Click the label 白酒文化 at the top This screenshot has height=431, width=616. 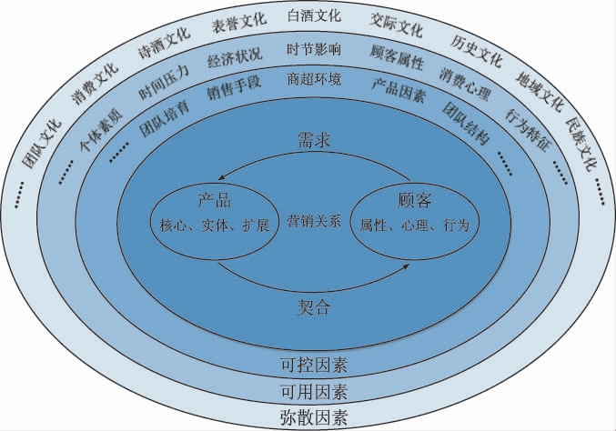[313, 15]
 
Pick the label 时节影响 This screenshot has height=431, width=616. [313, 49]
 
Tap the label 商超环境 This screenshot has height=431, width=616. [313, 80]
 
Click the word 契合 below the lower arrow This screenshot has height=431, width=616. [314, 306]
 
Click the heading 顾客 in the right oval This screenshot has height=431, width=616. [414, 200]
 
